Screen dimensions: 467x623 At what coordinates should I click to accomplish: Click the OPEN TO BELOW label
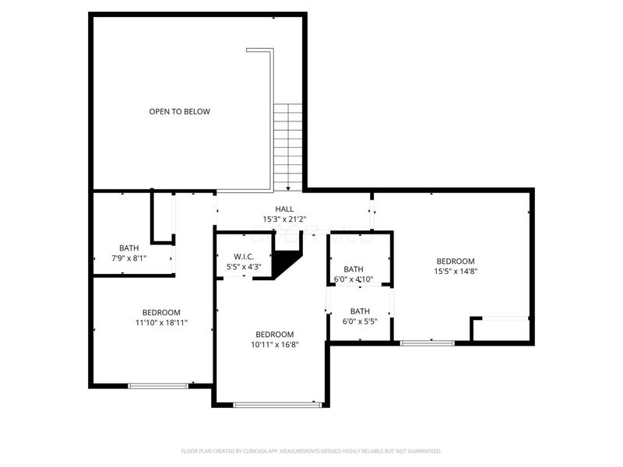179,111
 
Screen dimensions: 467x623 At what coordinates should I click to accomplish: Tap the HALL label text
284,209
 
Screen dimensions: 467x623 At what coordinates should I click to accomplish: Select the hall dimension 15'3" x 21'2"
284,219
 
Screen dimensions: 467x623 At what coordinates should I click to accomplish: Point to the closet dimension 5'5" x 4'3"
243,267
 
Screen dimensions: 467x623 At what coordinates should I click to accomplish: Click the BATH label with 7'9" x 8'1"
129,248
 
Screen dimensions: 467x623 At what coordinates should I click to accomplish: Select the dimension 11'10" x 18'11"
161,322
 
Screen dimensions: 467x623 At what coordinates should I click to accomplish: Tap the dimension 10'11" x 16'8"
275,344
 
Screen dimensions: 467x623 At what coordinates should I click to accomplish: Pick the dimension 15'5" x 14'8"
455,272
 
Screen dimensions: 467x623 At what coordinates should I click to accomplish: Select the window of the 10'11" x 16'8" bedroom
277,404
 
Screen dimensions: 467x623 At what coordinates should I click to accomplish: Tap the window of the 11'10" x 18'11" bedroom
158,384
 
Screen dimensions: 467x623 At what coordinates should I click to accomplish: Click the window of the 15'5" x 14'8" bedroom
427,342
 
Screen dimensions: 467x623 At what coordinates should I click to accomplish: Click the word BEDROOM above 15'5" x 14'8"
455,262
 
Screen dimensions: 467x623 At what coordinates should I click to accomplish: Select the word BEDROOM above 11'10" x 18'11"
161,312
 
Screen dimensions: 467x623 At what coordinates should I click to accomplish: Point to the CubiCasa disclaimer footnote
311,451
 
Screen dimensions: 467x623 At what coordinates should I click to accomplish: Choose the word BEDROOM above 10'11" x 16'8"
275,334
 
